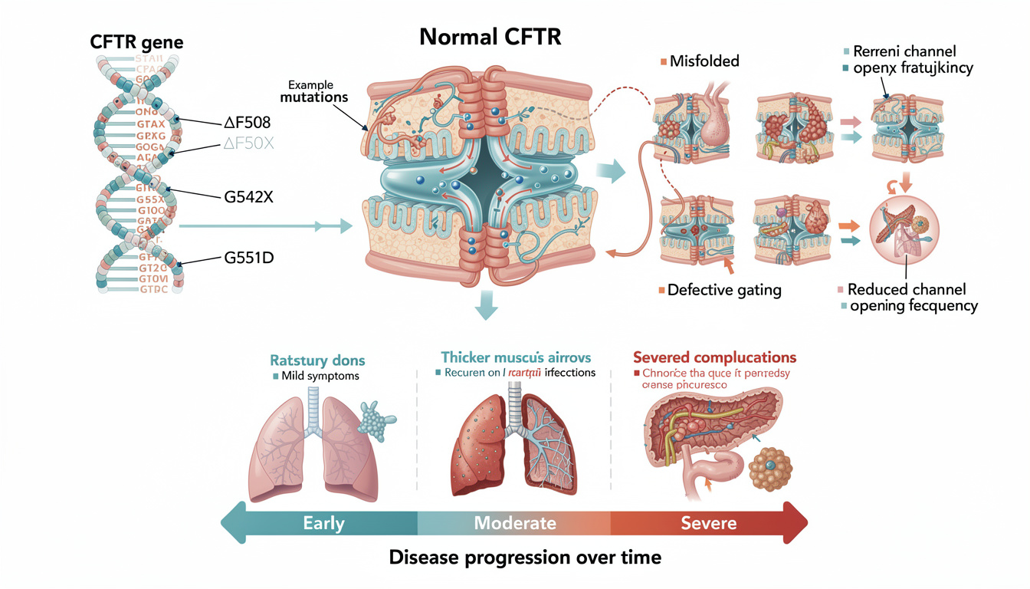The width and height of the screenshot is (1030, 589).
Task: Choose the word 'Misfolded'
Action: tap(703, 61)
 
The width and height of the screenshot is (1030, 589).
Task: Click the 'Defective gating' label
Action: tap(723, 290)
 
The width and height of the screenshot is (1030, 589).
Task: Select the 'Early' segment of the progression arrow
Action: tap(323, 524)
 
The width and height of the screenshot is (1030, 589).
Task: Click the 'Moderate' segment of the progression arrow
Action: tap(514, 524)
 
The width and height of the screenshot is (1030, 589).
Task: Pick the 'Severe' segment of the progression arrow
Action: tap(708, 524)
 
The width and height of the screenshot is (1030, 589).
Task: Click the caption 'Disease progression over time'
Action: tap(524, 557)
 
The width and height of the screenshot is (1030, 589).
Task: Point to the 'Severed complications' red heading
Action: tap(714, 357)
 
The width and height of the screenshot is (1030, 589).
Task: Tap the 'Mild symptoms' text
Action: tap(315, 376)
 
